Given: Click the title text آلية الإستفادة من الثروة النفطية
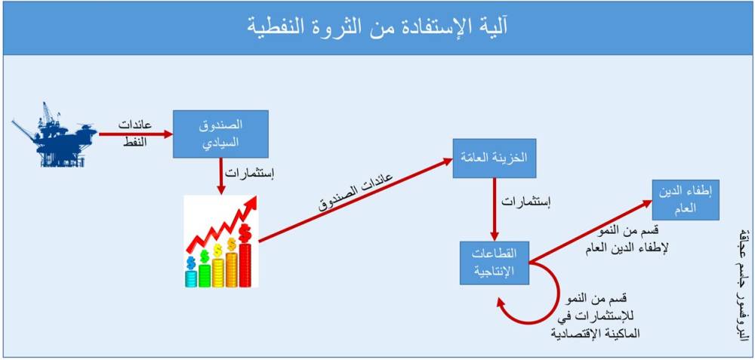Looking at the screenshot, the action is (377, 27).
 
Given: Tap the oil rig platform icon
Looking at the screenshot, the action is (54, 135).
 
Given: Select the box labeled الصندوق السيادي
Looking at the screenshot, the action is (220, 134).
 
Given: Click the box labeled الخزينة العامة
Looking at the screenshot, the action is (494, 158).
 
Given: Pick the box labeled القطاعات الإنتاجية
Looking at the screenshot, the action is (494, 262).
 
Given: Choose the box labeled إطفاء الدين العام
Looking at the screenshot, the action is (686, 200).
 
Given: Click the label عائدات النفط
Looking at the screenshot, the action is (135, 134).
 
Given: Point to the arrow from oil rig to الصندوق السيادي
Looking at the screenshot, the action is (136, 134).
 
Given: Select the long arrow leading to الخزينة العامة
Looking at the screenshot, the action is (356, 200).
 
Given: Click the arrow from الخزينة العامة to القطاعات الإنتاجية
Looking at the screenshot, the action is (494, 209).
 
